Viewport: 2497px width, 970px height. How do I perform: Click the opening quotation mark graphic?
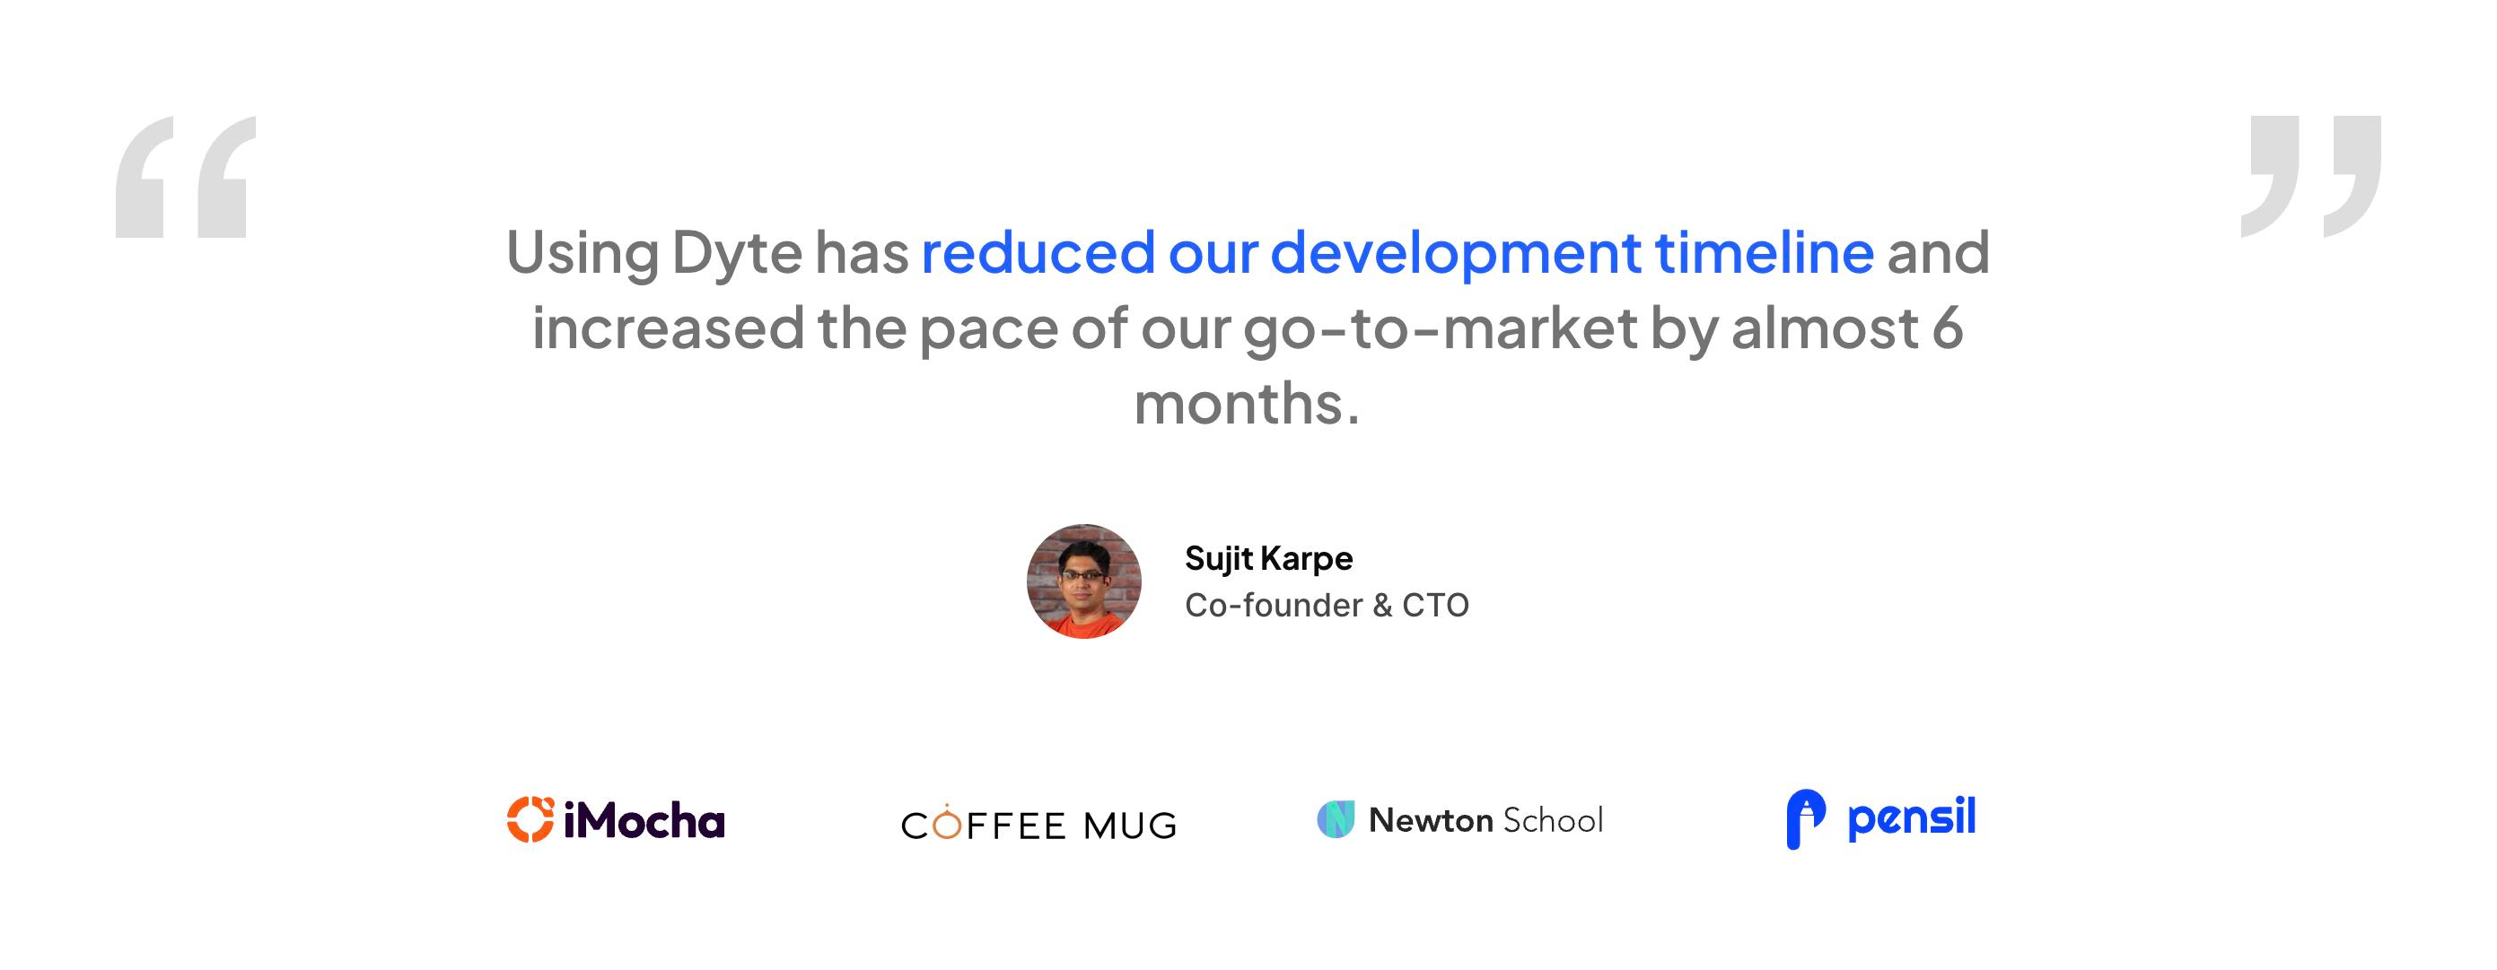185,177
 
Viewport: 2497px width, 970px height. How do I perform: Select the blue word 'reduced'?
1038,252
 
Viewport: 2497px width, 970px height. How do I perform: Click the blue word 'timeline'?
1765,252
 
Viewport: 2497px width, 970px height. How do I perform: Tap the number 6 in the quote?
1948,328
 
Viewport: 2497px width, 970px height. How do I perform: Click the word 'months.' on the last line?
1248,403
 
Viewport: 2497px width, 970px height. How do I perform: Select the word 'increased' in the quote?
668,328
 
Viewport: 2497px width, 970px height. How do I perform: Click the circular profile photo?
1083,581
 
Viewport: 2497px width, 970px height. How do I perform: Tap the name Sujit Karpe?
1269,559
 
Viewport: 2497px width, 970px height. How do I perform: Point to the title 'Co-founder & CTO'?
1327,606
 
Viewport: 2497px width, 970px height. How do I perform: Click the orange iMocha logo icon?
530,820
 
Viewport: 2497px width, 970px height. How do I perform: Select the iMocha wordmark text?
644,820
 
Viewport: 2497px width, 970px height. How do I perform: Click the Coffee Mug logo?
1039,823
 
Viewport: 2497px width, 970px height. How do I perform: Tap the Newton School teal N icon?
1336,820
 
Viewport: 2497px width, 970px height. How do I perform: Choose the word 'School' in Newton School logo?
1553,821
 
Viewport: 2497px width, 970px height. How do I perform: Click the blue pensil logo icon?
1806,820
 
